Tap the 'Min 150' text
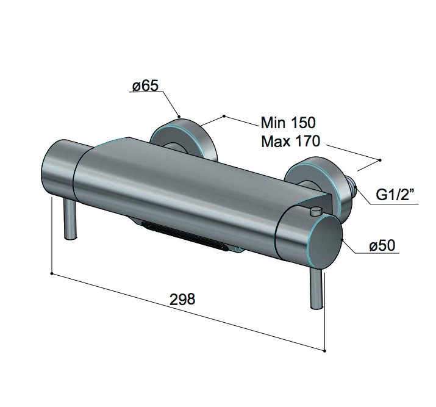[x=288, y=123]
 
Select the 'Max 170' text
[x=291, y=142]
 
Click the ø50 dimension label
[x=382, y=246]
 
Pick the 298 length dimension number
[x=182, y=299]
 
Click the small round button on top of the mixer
[x=316, y=211]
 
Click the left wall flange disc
[x=183, y=139]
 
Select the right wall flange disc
[x=319, y=185]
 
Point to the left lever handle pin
[x=70, y=219]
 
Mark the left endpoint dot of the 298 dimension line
[x=52, y=273]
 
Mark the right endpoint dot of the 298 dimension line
[x=325, y=351]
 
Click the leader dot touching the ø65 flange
[x=179, y=117]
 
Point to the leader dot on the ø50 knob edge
[x=343, y=239]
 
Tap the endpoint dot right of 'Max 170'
[x=380, y=160]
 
